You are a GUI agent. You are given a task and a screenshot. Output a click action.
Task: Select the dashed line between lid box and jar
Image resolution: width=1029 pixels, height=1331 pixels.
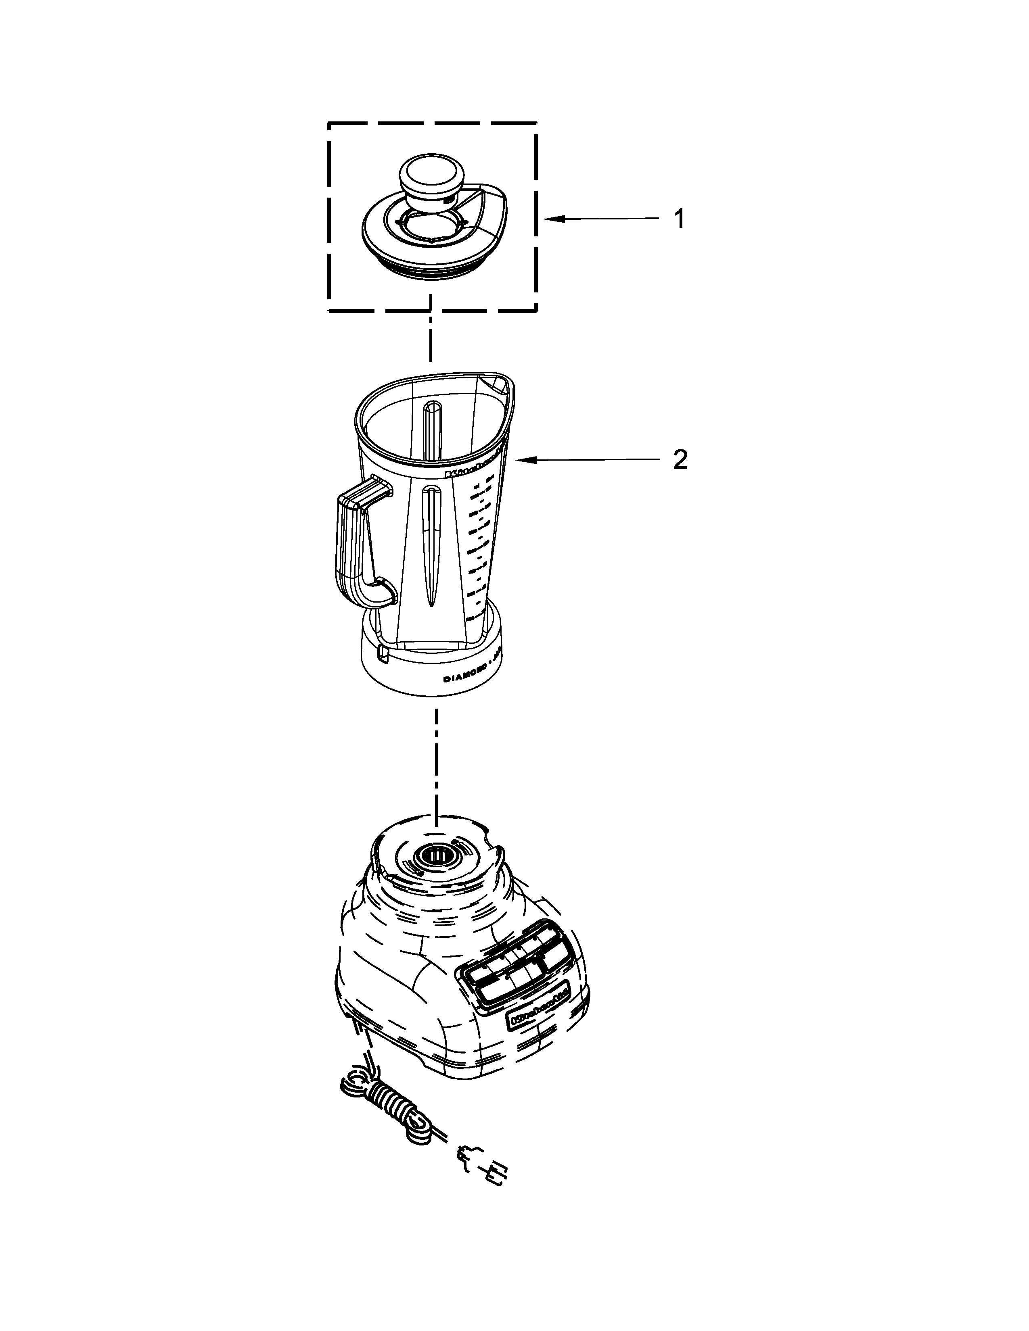pos(431,335)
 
